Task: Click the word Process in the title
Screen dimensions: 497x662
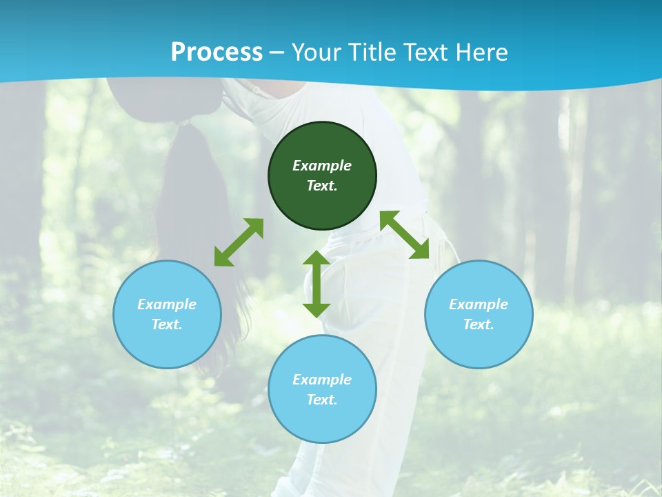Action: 217,52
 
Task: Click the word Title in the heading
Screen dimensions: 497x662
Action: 371,52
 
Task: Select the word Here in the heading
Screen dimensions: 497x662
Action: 483,52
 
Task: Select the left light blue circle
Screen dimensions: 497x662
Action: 167,345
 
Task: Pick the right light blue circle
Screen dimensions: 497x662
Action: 479,345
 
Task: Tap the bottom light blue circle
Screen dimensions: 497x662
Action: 322,421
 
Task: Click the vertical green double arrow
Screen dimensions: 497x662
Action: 317,284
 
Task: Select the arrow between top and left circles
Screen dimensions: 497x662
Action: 239,242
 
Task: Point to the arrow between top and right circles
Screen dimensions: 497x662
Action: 405,235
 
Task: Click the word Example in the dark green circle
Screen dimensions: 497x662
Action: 322,166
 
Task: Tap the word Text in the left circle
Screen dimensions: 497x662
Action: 167,324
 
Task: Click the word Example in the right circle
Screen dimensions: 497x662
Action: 479,304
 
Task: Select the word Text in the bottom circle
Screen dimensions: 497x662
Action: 322,400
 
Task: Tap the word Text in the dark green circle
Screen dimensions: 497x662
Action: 322,186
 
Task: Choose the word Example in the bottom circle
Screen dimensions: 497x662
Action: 322,380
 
